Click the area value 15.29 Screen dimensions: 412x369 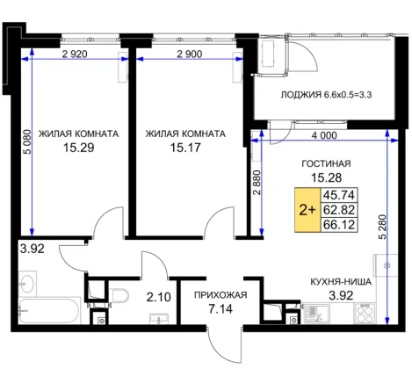click(x=79, y=148)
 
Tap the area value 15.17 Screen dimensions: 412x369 click(x=185, y=148)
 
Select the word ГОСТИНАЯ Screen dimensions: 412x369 click(x=326, y=163)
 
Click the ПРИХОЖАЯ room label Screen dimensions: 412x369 click(x=220, y=295)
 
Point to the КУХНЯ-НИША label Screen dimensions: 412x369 click(x=341, y=282)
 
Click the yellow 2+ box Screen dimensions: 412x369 click(x=307, y=210)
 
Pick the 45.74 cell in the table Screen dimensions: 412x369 click(x=339, y=195)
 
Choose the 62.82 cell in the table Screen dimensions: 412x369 click(x=339, y=210)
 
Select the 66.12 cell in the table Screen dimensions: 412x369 click(x=339, y=225)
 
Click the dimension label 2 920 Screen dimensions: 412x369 click(x=75, y=54)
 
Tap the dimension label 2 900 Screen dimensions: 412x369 click(x=190, y=54)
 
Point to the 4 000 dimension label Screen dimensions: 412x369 click(x=324, y=135)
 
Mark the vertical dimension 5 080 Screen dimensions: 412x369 click(x=27, y=141)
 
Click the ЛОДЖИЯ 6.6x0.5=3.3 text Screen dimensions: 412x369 click(x=326, y=95)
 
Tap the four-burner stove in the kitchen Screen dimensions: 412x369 click(x=365, y=314)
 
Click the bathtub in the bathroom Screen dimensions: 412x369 click(x=49, y=310)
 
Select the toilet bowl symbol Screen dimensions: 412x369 click(x=119, y=295)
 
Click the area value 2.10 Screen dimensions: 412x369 click(x=158, y=297)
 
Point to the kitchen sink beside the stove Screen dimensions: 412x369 click(x=317, y=314)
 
